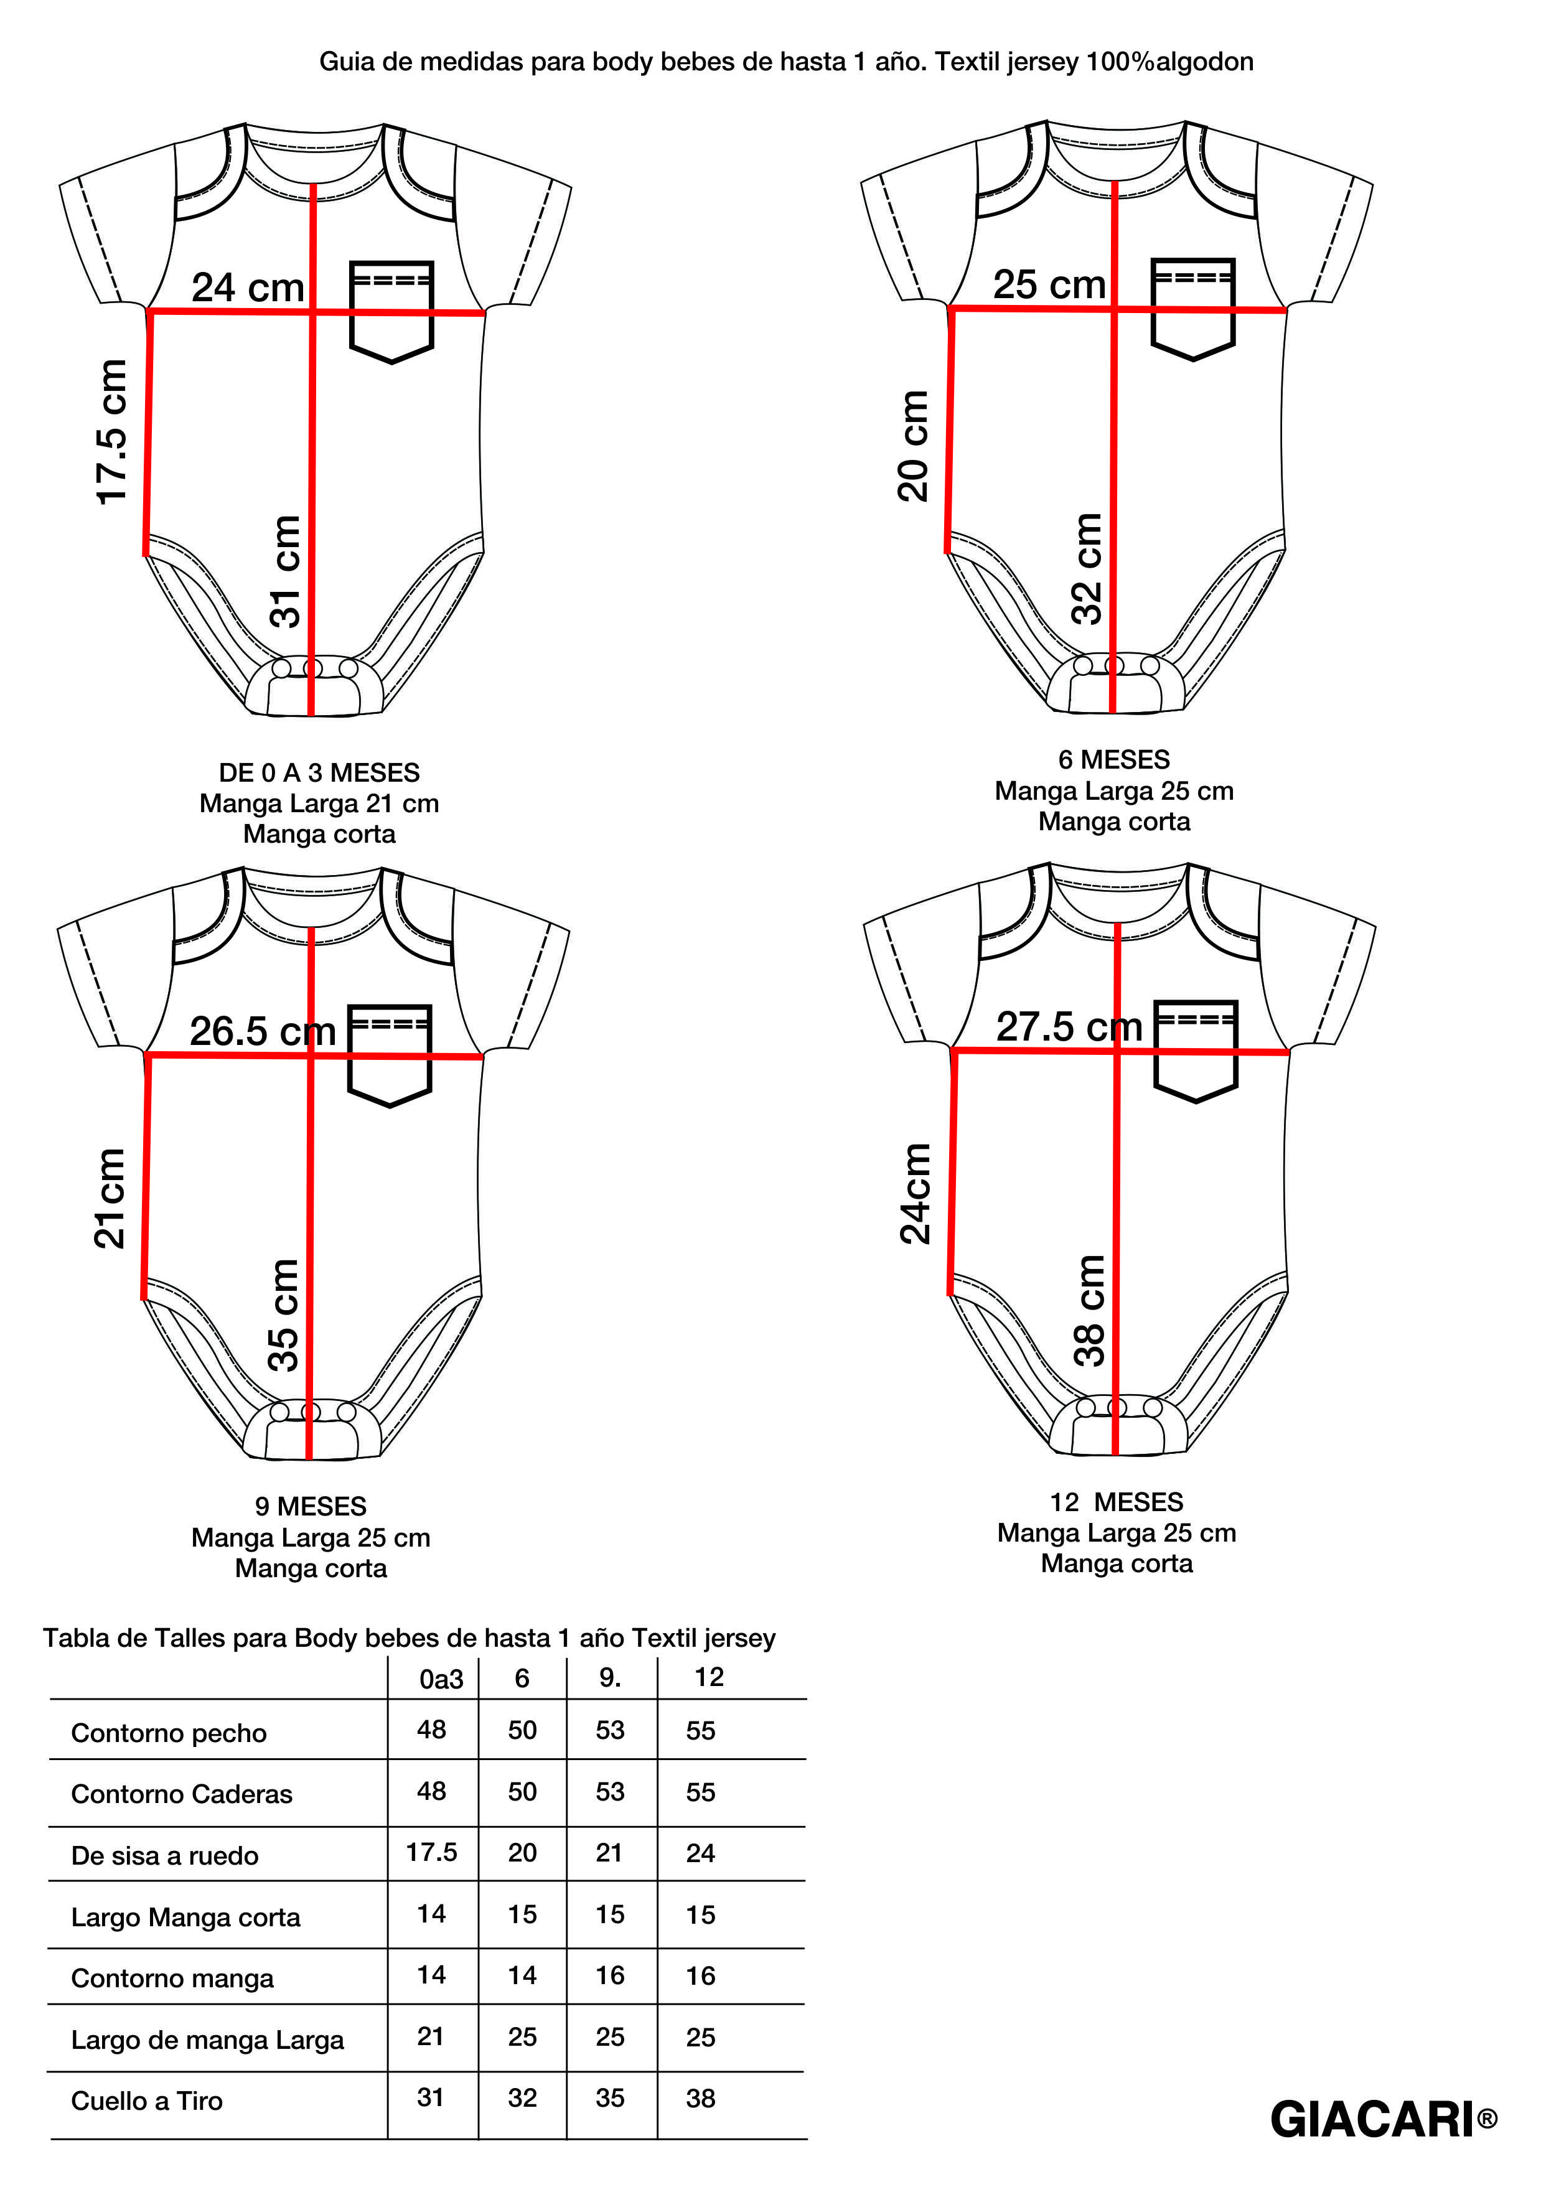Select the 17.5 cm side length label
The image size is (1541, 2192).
coord(111,431)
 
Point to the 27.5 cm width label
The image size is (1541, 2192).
coord(1069,1026)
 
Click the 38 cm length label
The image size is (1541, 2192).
coord(1089,1310)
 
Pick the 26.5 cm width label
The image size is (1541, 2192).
coord(263,1031)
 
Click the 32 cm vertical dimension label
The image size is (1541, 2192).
coord(1087,569)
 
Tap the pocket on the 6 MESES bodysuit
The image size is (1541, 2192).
coord(1192,308)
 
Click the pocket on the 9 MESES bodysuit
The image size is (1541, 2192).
coord(390,1055)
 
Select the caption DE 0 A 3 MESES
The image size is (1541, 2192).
coord(319,772)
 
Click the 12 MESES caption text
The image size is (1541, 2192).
coord(1116,1502)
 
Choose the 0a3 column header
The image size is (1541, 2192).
coord(441,1679)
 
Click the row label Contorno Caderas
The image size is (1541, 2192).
coord(181,1794)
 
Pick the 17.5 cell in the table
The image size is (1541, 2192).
coord(431,1852)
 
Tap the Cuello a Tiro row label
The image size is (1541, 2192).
coord(147,2101)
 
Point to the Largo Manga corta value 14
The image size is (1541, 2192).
coord(431,1913)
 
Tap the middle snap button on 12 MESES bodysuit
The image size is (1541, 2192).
coord(1116,1407)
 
